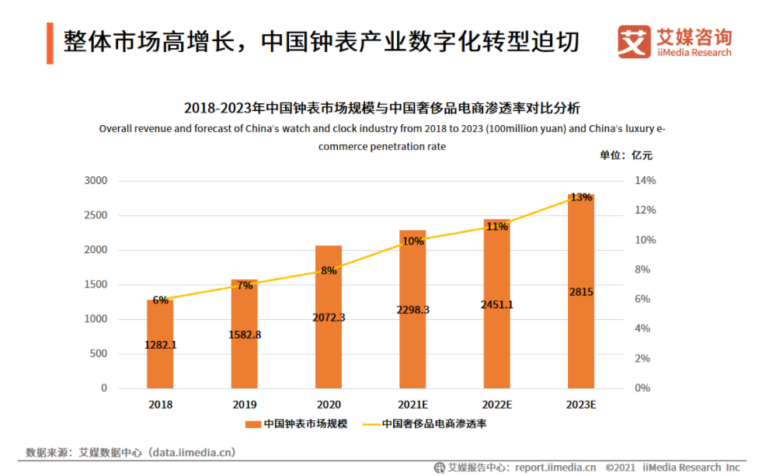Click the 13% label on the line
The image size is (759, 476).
581,197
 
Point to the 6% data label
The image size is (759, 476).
160,300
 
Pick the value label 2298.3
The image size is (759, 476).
413,310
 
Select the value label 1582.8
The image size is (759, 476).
245,335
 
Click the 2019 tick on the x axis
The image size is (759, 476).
245,405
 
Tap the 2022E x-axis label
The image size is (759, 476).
497,405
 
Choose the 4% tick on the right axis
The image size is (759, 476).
642,328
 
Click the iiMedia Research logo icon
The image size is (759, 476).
634,41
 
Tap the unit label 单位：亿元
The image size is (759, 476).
626,155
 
